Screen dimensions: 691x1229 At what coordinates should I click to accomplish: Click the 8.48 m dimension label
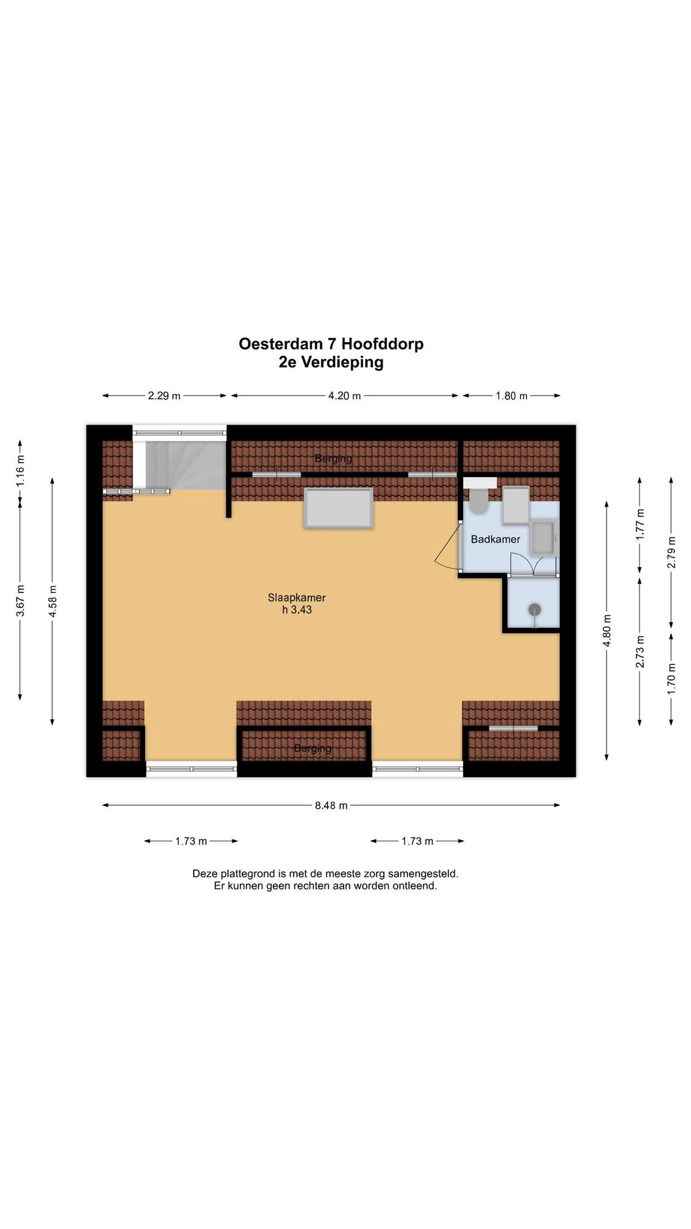(331, 805)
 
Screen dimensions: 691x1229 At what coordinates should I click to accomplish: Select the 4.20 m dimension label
(344, 396)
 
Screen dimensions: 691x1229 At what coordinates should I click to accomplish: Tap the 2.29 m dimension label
(164, 396)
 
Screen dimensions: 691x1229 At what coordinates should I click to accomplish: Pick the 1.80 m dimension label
(511, 396)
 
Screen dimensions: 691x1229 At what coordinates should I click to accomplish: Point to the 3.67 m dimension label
(20, 600)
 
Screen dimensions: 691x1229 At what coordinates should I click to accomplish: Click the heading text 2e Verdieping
(331, 362)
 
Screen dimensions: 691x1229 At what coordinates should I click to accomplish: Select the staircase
(179, 465)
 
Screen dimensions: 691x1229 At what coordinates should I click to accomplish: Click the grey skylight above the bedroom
(339, 508)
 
